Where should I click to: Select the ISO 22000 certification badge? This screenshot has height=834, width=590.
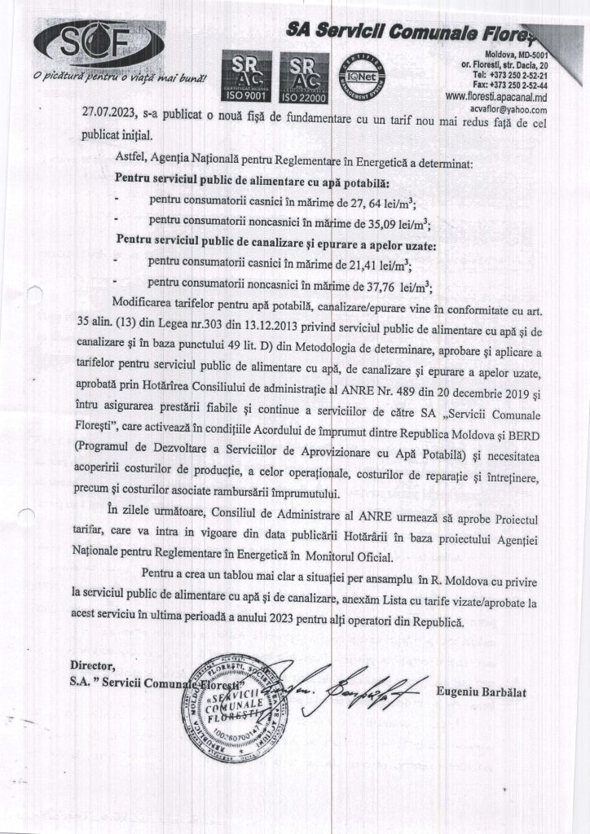coord(303,78)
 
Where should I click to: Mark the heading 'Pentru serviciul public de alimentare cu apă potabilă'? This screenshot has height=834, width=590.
coord(253,178)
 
